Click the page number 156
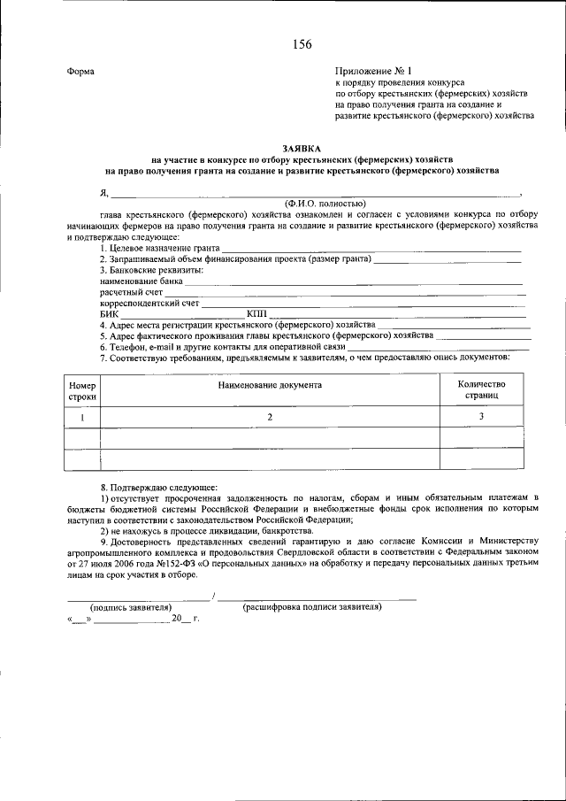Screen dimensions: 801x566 (301, 43)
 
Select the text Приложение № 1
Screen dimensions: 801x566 (374, 70)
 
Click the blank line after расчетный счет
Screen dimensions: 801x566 (345, 292)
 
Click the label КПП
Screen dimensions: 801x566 (256, 314)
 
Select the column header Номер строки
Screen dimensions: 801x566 (81, 390)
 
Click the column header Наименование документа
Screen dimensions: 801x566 (271, 385)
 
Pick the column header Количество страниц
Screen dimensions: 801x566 (482, 390)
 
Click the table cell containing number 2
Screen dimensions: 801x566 (271, 416)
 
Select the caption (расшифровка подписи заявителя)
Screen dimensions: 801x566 (311, 607)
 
